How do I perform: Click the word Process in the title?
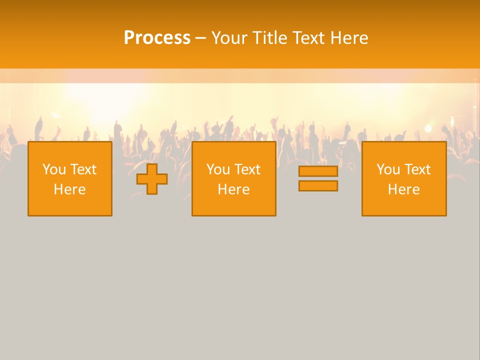pyautogui.click(x=157, y=38)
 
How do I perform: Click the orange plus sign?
pyautogui.click(x=152, y=179)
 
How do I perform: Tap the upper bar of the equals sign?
pyautogui.click(x=318, y=171)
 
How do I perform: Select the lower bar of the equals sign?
pyautogui.click(x=318, y=186)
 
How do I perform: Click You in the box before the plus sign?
pyautogui.click(x=53, y=169)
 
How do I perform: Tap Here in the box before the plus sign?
pyautogui.click(x=69, y=189)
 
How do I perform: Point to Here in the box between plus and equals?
pyautogui.click(x=233, y=189)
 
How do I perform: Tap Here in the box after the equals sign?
pyautogui.click(x=403, y=189)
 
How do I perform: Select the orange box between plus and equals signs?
pyautogui.click(x=233, y=205)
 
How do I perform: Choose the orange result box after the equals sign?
pyautogui.click(x=403, y=205)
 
